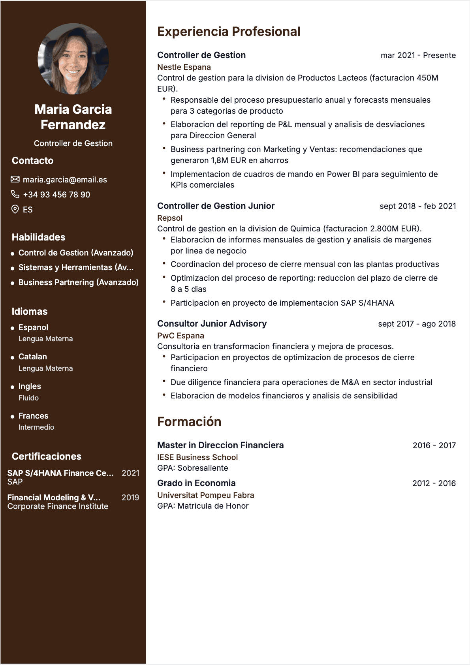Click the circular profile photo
73,59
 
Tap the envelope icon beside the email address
15,180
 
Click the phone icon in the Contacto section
15,194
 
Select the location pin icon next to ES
15,209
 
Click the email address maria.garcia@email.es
65,180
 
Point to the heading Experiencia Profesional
229,32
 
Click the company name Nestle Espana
184,67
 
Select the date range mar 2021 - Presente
418,55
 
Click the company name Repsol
170,218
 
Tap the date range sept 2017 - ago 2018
417,324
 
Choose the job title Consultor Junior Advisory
212,324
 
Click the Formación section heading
189,422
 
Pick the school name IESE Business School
197,457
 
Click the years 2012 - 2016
434,483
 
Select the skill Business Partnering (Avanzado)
78,282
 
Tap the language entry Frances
33,416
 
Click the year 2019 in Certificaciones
130,498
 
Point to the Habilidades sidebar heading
39,237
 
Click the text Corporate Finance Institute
58,506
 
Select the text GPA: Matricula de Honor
203,506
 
